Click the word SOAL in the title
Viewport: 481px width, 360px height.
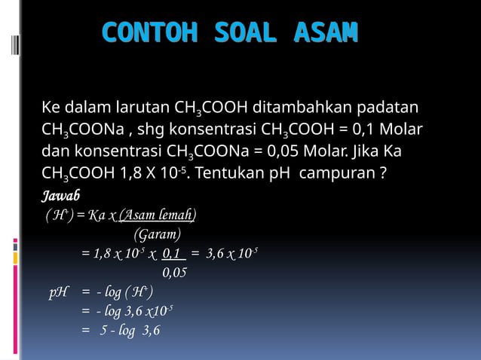tap(247, 33)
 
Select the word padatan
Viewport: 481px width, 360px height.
tap(393, 107)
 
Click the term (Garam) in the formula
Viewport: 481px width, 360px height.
tap(158, 233)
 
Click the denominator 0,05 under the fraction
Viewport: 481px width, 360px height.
tap(174, 273)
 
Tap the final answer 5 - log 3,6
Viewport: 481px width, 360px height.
tap(130, 331)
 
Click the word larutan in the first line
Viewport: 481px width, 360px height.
tap(144, 107)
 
